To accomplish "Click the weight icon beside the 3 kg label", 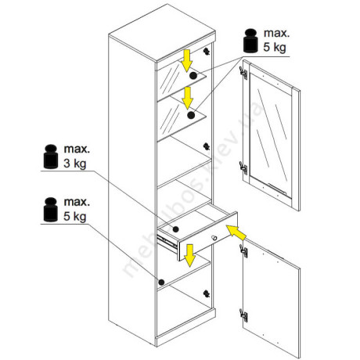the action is tap(51, 157).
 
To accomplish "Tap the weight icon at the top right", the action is tap(250, 41).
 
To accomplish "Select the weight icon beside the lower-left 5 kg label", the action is tap(51, 210).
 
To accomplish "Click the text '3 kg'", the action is tap(75, 164).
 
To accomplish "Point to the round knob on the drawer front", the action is tap(214, 238).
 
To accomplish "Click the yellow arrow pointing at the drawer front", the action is tap(236, 232).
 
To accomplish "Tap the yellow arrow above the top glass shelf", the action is tap(187, 61).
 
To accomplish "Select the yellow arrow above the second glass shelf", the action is tap(187, 98).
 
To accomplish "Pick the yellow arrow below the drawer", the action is tap(190, 256).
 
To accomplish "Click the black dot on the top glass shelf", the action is tap(193, 76).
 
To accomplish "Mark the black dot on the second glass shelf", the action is tap(191, 115).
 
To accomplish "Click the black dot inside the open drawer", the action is tap(176, 229).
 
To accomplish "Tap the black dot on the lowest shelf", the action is tap(161, 282).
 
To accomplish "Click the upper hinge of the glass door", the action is tap(243, 73).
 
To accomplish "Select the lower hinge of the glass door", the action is tap(243, 168).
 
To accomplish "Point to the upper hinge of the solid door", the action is tap(243, 251).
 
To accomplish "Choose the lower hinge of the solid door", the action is tap(243, 315).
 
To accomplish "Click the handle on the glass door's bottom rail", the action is tap(277, 189).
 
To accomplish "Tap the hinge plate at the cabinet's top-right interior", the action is tap(207, 51).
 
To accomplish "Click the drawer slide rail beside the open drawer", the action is tap(167, 243).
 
